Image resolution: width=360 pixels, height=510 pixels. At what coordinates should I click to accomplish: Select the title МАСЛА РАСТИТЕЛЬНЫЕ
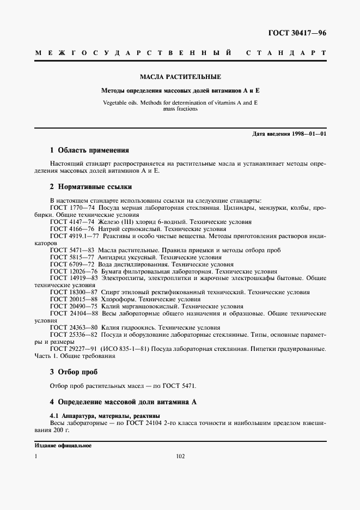click(x=180, y=77)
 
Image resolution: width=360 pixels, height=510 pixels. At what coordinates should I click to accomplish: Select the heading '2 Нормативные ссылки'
click(x=90, y=187)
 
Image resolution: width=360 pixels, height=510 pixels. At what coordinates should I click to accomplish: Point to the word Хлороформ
click(x=118, y=299)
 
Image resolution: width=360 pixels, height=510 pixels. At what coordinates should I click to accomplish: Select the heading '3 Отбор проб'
click(x=74, y=372)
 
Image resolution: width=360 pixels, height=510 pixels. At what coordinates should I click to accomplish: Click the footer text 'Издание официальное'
click(x=63, y=446)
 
